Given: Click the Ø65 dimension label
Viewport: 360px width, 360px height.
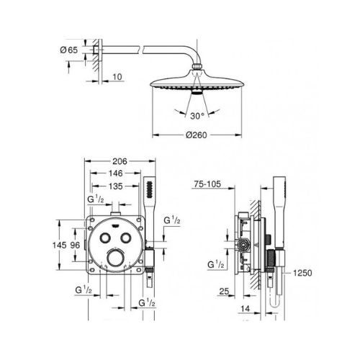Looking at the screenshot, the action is click(69, 50).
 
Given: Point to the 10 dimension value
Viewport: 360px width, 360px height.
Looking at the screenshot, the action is click(117, 77).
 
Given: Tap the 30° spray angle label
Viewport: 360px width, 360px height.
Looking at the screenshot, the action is click(197, 116).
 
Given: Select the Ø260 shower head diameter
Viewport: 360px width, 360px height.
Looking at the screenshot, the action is click(197, 135).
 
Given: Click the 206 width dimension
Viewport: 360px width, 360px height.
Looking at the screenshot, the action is click(120, 161).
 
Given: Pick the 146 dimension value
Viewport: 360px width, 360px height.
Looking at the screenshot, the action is click(116, 173).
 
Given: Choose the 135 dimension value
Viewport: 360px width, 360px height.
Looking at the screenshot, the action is click(116, 186).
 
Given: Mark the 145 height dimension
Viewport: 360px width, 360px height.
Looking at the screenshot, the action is click(60, 245).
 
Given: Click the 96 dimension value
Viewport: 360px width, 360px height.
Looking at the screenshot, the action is click(75, 245).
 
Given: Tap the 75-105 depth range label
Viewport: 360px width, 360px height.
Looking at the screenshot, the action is click(207, 184).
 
